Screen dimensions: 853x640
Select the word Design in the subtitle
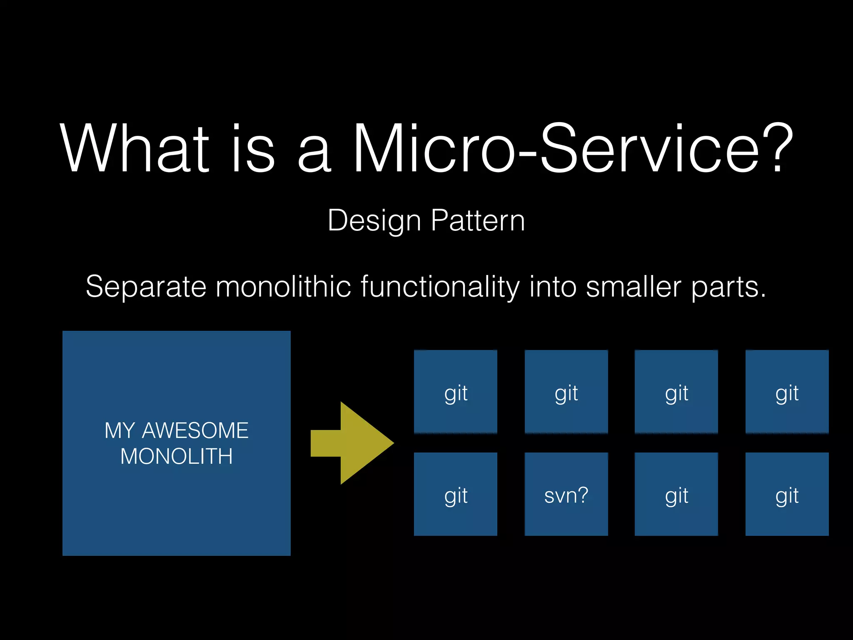coord(374,221)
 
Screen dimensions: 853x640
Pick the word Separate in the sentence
coord(146,287)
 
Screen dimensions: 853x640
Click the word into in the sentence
coord(553,287)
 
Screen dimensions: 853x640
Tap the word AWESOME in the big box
coord(195,430)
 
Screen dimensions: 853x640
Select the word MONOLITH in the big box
coord(177,456)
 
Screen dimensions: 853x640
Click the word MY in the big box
coord(120,430)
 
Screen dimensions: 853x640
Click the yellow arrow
coord(354,443)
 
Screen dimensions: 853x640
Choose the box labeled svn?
coord(566,494)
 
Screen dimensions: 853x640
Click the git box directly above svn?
coord(566,392)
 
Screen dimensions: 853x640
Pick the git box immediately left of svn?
coord(456,494)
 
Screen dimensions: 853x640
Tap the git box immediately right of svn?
coord(676,494)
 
